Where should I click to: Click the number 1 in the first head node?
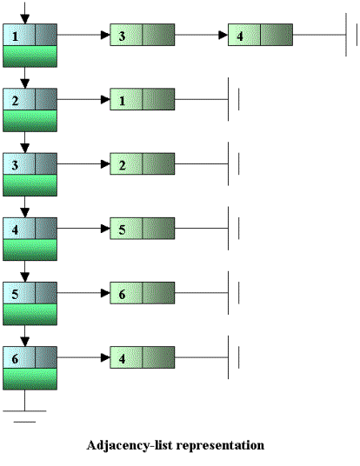pos(15,37)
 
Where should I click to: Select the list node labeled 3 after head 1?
pos(143,35)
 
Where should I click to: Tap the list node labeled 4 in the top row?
pos(260,35)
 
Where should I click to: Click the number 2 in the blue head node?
pos(15,101)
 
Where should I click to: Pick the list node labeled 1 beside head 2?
pos(143,99)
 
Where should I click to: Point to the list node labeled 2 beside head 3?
pos(143,163)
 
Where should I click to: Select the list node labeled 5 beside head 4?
pos(143,229)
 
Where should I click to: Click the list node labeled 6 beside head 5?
pos(143,293)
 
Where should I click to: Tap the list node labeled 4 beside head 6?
pos(143,357)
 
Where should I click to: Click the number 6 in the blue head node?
pos(15,359)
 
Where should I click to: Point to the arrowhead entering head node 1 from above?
pos(25,19)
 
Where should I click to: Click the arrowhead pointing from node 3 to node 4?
pos(223,35)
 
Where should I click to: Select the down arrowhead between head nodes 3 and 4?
pos(25,213)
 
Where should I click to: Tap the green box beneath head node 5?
pos(30,315)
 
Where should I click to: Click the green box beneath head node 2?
pos(30,121)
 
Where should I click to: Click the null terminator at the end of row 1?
pos(351,35)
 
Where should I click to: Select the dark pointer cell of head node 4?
pos(46,229)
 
